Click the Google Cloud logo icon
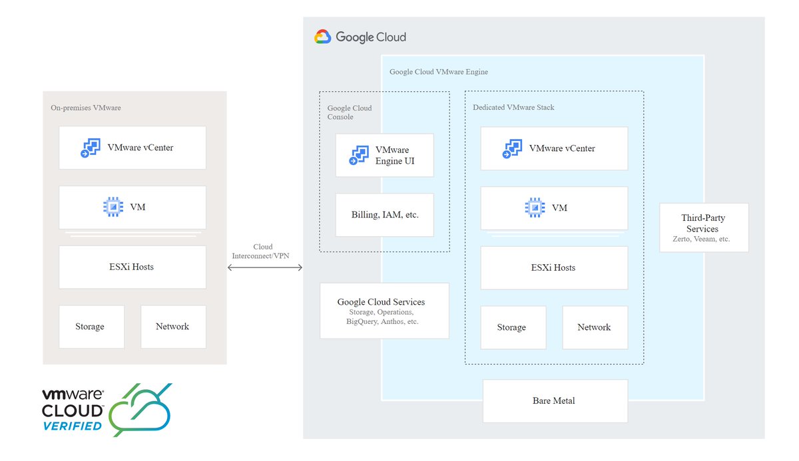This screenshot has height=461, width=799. click(323, 37)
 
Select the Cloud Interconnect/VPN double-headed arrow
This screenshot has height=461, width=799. click(265, 267)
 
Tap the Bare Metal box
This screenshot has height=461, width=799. click(555, 401)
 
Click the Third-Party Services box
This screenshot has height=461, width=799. click(704, 228)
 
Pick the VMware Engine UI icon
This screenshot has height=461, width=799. click(360, 156)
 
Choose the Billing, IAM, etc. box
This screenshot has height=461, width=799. click(384, 215)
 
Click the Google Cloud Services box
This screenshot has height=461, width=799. click(384, 311)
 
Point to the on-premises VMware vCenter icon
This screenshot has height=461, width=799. click(90, 148)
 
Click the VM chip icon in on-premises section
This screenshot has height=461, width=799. click(113, 207)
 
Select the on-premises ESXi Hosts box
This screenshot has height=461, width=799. click(132, 267)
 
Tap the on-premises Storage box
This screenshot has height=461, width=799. click(91, 327)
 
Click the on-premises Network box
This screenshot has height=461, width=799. click(173, 327)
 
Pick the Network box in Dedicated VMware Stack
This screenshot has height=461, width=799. click(595, 327)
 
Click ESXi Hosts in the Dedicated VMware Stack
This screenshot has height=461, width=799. click(554, 267)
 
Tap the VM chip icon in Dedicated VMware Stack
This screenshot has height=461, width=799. click(535, 208)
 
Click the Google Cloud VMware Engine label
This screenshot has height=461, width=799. click(439, 72)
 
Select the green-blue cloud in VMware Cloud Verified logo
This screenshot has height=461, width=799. click(140, 410)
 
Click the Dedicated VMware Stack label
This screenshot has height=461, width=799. click(513, 107)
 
